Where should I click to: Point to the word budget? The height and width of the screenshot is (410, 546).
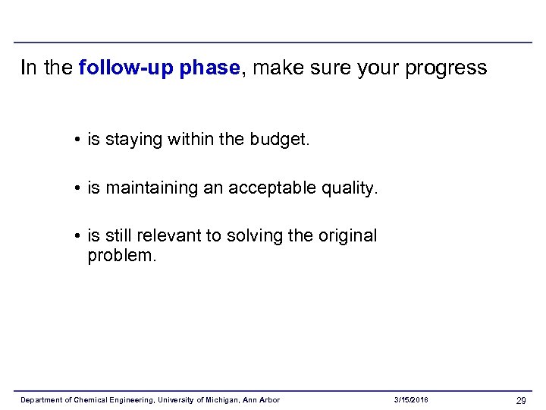(x=279, y=140)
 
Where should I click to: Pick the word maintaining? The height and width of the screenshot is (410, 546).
(x=152, y=188)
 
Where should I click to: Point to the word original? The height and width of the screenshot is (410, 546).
(x=347, y=236)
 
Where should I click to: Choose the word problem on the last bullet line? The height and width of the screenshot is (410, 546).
(x=121, y=256)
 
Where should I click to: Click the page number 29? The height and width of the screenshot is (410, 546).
(x=521, y=400)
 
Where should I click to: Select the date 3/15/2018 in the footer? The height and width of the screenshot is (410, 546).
(x=412, y=400)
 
